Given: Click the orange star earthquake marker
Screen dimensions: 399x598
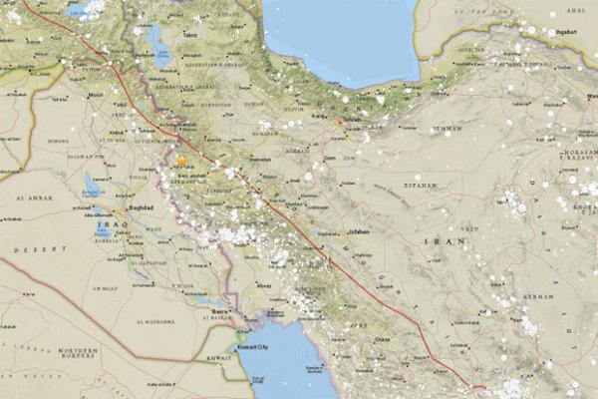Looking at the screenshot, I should pyautogui.click(x=182, y=160).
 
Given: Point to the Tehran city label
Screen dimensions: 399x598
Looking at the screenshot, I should pyautogui.click(x=351, y=119).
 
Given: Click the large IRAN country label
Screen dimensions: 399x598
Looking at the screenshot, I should pyautogui.click(x=438, y=242).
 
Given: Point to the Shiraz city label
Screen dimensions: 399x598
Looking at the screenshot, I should pyautogui.click(x=379, y=339).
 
